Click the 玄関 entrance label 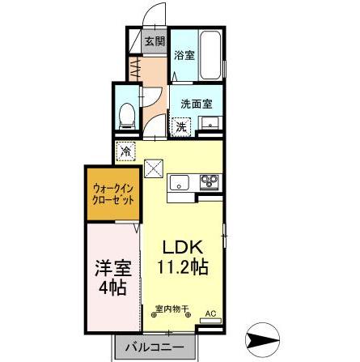tap(155, 41)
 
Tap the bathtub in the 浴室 tap(211, 55)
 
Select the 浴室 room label tap(184, 56)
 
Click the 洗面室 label tap(197, 104)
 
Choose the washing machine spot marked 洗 tap(181, 127)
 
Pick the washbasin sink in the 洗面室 tap(210, 123)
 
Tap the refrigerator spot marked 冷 tap(126, 151)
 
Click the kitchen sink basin tap(179, 183)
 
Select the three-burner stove tap(209, 182)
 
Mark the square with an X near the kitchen tap(154, 168)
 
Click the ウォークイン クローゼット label tap(113, 194)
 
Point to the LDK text tap(182, 248)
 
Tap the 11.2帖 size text tap(183, 267)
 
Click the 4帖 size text tap(112, 287)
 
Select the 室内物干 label tap(172, 309)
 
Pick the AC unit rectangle tap(210, 321)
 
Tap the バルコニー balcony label tap(155, 347)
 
